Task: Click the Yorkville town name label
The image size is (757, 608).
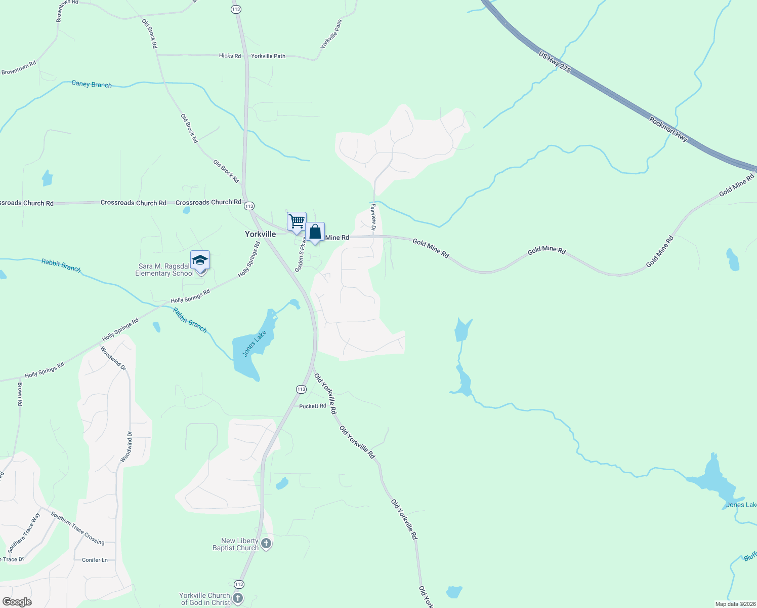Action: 261,234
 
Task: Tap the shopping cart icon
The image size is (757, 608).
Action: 297,221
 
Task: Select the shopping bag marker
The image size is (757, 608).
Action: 315,232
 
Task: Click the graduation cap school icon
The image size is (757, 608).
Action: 200,260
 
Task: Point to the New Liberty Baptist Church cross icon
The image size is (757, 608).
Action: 266,544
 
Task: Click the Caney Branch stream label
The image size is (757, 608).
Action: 92,84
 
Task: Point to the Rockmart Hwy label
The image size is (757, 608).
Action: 668,130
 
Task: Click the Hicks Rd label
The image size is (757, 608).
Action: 230,56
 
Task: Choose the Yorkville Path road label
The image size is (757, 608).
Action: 268,56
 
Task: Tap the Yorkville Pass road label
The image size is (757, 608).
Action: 331,34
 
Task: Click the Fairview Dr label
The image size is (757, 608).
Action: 373,217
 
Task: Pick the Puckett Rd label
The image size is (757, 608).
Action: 312,406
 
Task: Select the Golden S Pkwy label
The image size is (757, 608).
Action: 300,254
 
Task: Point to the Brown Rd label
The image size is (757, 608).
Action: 20,394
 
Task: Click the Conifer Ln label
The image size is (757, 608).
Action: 95,560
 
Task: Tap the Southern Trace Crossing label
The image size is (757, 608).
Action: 77,528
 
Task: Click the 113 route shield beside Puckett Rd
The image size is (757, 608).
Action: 301,389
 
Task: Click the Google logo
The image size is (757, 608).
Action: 17,602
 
